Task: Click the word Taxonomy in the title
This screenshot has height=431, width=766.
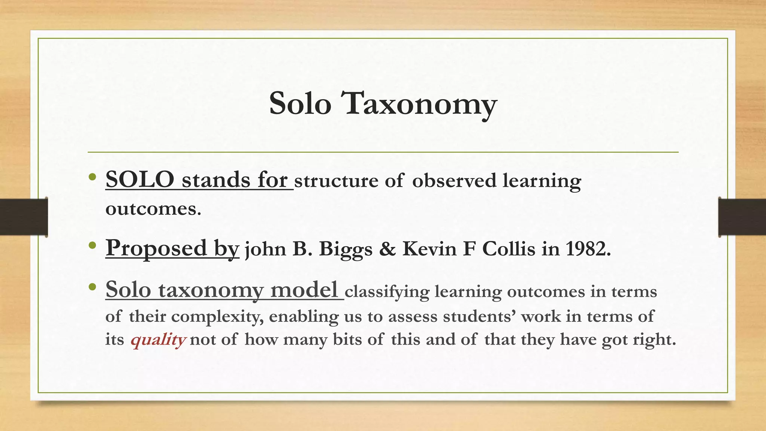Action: pos(420,104)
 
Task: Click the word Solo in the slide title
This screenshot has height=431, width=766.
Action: pos(300,104)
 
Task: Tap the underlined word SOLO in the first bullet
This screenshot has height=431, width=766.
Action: pos(140,180)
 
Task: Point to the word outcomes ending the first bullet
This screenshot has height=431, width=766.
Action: pos(153,209)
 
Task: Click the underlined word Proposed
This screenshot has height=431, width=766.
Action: pos(156,248)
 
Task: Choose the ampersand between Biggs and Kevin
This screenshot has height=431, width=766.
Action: pos(387,249)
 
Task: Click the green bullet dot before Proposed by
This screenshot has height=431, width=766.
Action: pos(92,246)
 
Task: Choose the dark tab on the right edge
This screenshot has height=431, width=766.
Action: pos(742,217)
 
